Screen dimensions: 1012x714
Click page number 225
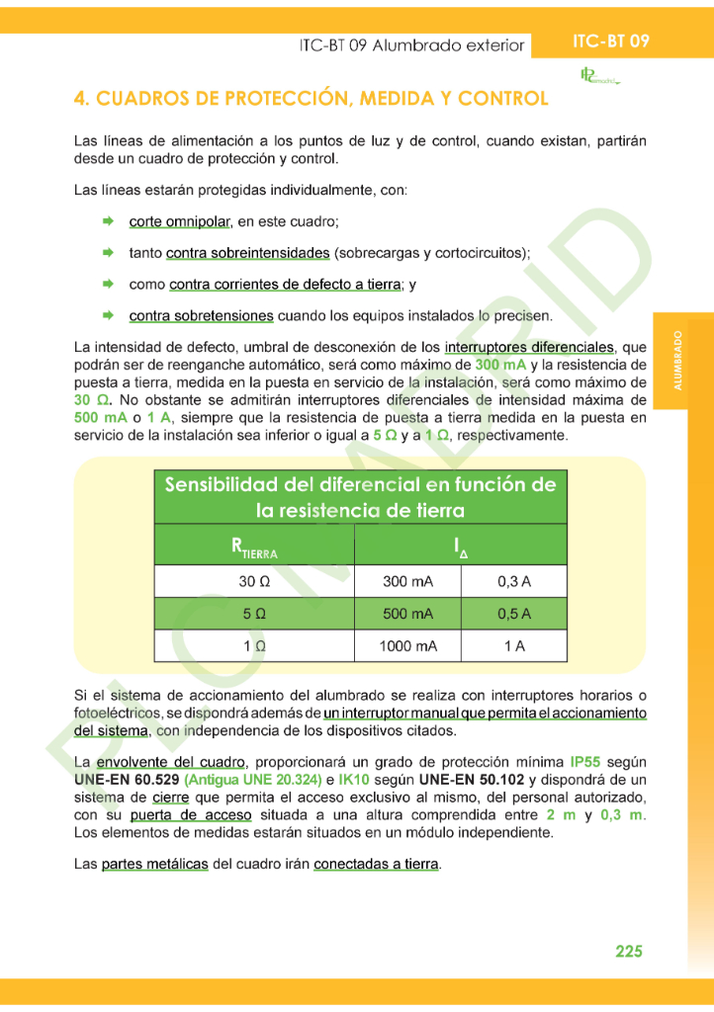pos(628,951)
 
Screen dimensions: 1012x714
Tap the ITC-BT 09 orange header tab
pos(610,42)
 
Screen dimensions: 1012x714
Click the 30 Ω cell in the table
pos(253,581)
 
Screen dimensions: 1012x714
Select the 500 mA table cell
pos(407,614)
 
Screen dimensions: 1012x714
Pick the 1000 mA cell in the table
pos(407,646)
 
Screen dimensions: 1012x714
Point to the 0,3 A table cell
pos(513,581)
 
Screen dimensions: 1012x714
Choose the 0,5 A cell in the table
pos(513,614)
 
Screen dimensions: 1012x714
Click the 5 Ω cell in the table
pos(253,614)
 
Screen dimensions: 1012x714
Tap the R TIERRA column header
pos(253,547)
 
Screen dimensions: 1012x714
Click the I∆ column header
pos(460,547)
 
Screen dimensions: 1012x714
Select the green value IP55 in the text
pos(586,763)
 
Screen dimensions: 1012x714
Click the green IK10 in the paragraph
pos(354,780)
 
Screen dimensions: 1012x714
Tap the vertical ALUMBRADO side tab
pos(678,360)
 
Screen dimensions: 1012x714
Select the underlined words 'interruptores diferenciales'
pos(529,348)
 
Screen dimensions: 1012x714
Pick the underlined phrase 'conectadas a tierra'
pos(376,864)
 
